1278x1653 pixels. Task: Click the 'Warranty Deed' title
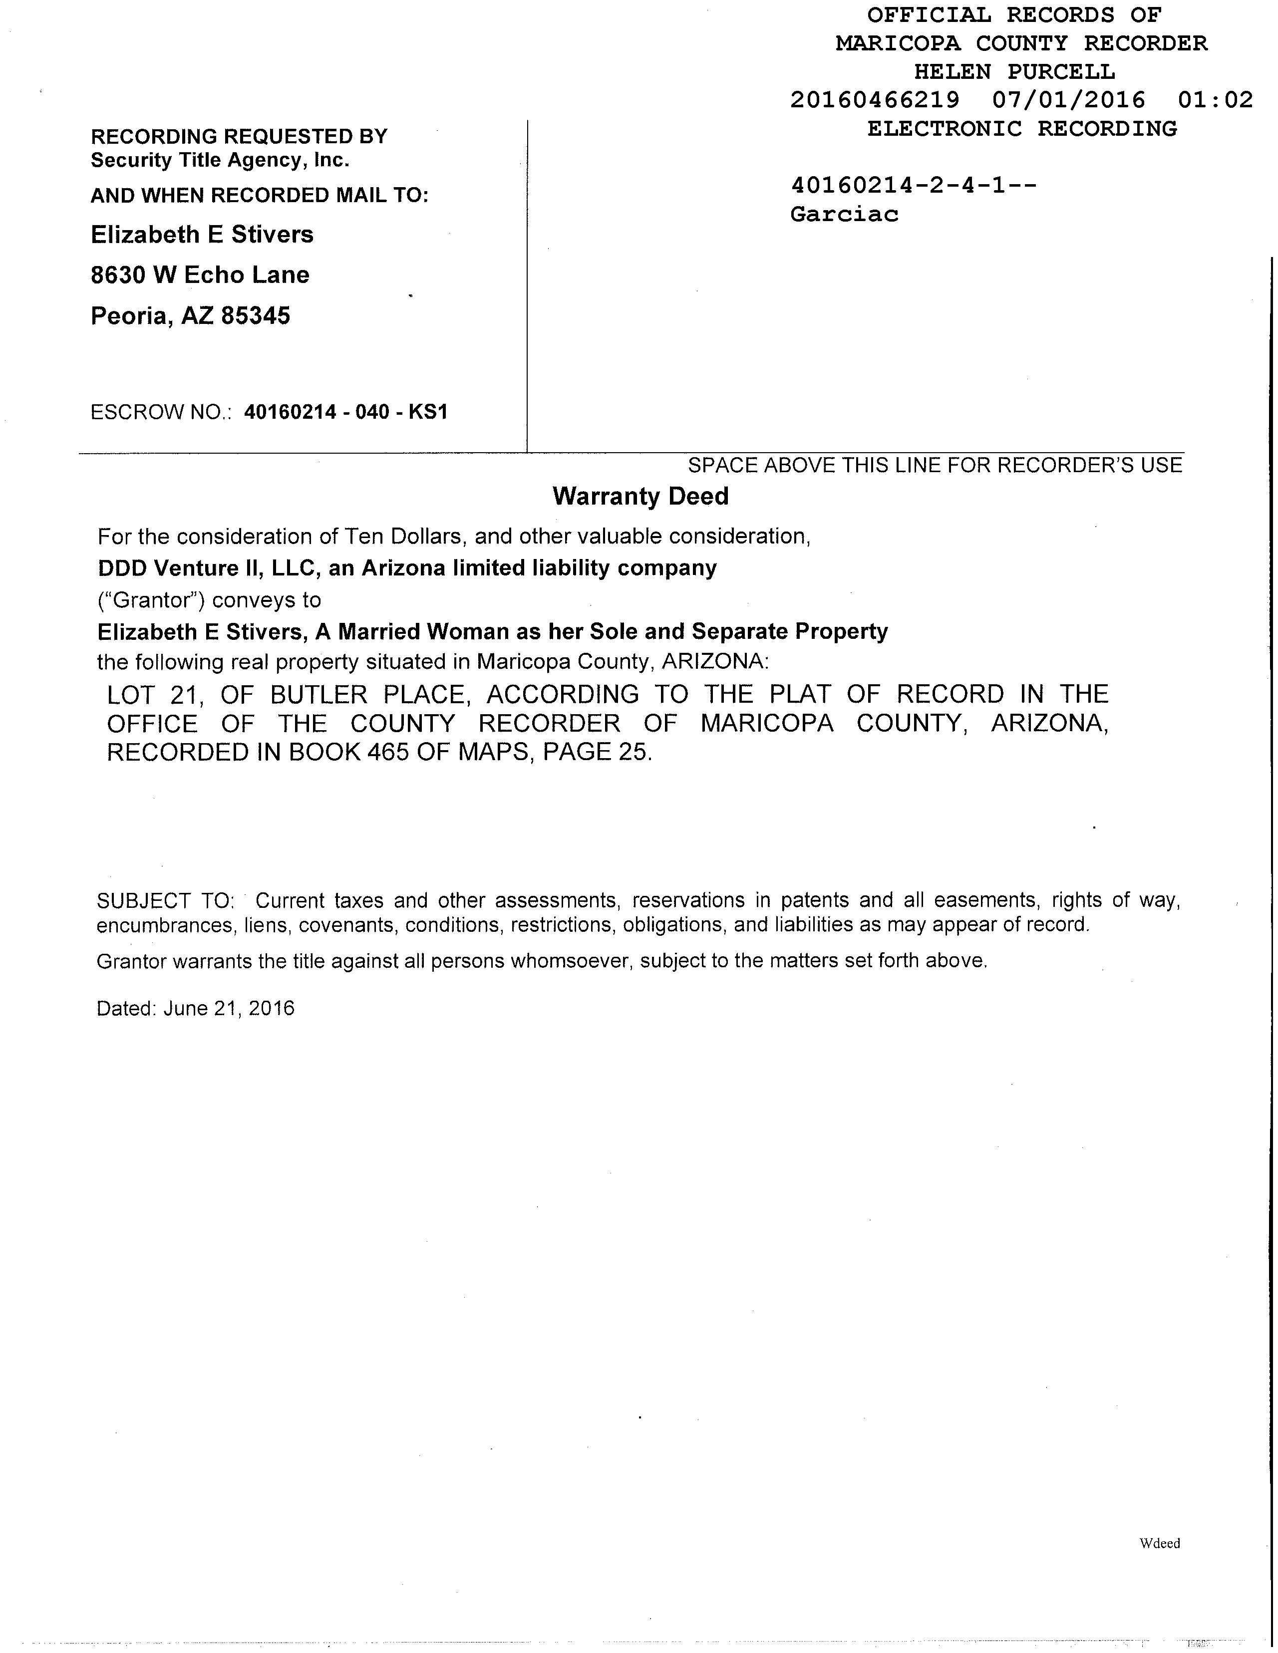[x=640, y=497]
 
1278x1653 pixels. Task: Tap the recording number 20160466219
[x=875, y=100]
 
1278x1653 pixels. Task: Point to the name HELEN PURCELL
[x=1014, y=72]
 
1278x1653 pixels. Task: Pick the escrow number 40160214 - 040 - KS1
[x=346, y=412]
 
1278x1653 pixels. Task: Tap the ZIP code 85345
[x=255, y=315]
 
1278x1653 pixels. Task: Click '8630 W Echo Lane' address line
[x=200, y=275]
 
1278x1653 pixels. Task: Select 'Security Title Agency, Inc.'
[x=220, y=160]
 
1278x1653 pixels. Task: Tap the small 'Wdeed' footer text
[x=1159, y=1543]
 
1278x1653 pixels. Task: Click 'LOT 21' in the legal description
[x=154, y=694]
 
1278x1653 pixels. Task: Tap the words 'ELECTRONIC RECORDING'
[x=1022, y=129]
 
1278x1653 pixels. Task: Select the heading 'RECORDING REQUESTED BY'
[x=239, y=137]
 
